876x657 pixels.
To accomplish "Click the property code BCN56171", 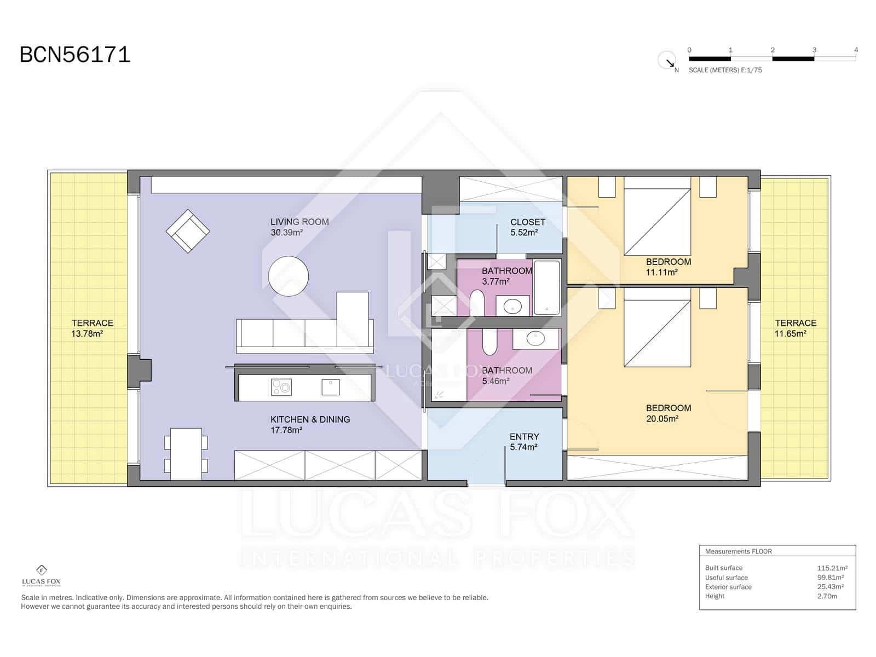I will coord(75,55).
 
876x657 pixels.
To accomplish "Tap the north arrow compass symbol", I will coord(667,60).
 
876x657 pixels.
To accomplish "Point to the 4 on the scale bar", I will coord(856,50).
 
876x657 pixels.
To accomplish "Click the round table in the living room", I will coord(289,276).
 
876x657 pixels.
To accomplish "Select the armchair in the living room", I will coord(188,231).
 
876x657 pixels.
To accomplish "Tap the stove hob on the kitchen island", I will coord(281,387).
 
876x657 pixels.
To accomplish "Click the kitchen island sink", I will coord(331,387).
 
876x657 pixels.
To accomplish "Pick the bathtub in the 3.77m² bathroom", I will coord(546,287).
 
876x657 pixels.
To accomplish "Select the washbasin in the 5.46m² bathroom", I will coord(535,339).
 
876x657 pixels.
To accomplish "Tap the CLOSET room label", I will coord(528,222).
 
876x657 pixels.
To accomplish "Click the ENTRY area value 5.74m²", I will coord(523,447).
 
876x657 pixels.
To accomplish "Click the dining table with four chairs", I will coord(186,453).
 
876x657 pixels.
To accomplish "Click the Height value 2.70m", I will coord(827,596).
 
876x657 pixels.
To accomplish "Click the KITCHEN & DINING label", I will coord(310,419).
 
